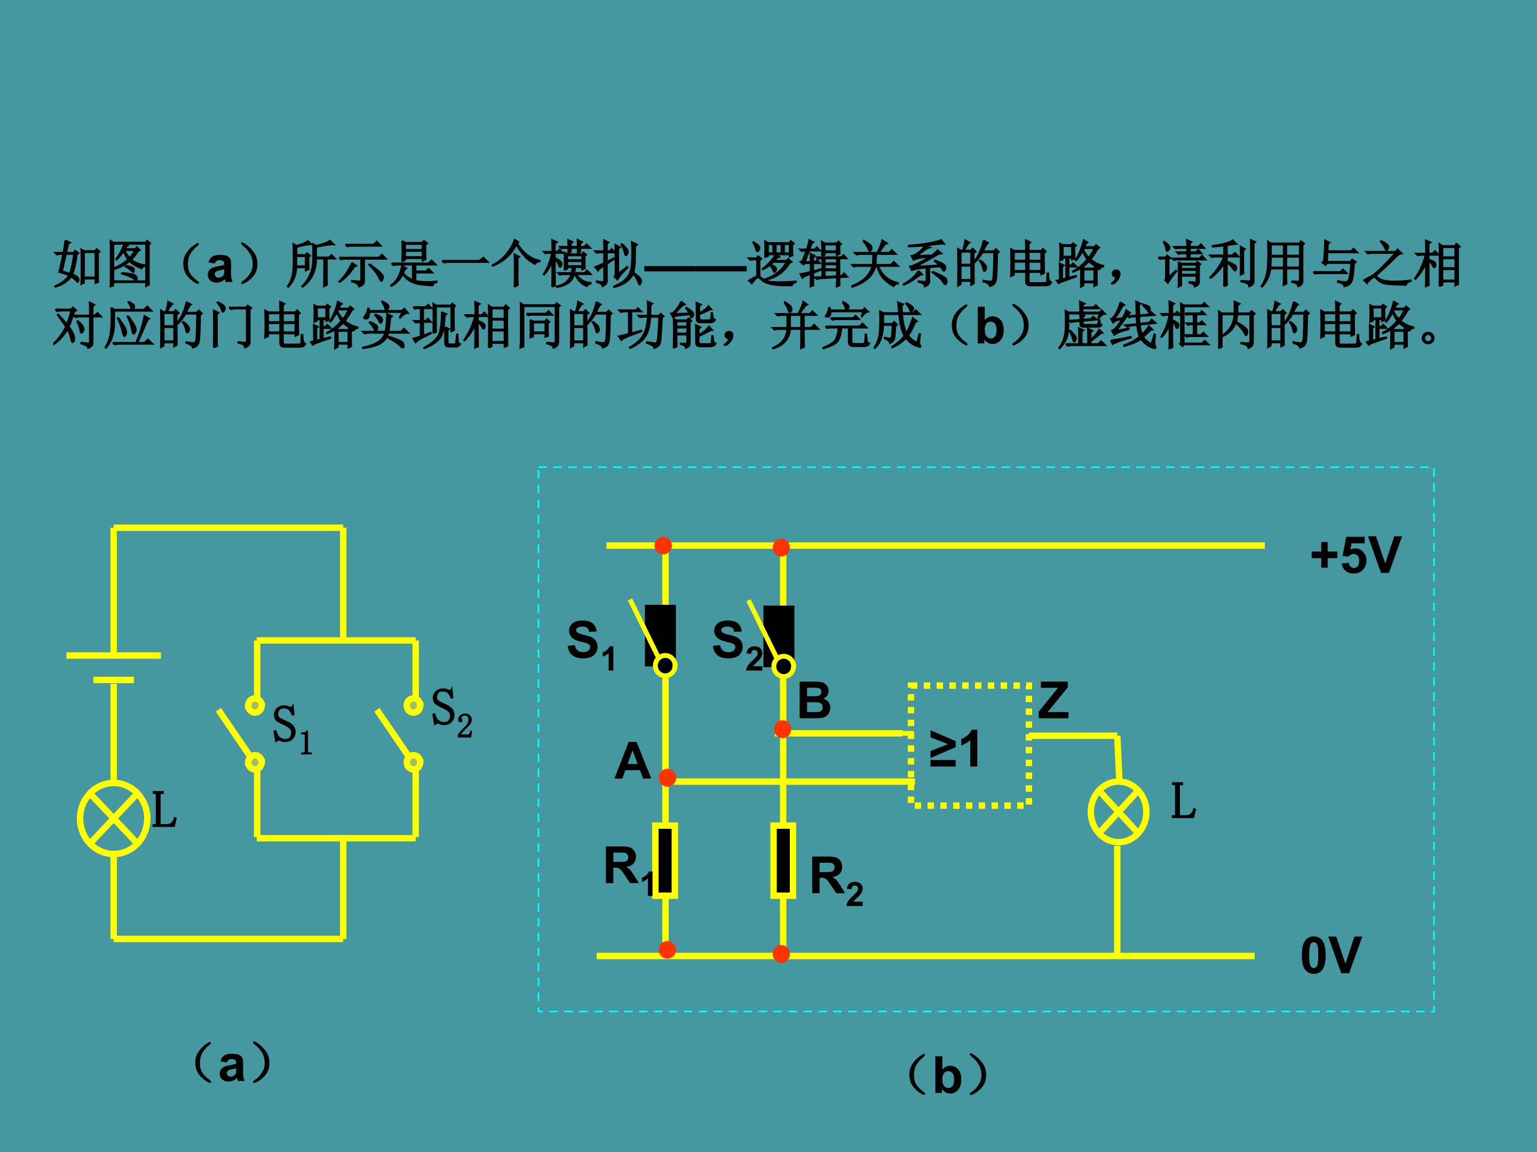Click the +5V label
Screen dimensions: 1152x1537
click(1354, 556)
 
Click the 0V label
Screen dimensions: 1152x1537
click(1330, 956)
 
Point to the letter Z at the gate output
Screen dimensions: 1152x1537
click(1053, 701)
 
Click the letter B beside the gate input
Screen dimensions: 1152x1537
click(814, 701)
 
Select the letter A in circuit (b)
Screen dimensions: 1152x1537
click(632, 762)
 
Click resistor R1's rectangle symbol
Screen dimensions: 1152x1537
click(665, 860)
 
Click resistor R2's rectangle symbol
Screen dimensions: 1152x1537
click(783, 860)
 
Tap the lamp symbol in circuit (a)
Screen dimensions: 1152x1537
click(113, 818)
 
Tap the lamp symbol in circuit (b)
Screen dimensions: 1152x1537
click(1118, 812)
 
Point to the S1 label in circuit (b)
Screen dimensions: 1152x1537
click(591, 644)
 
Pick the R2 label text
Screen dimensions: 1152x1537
click(836, 880)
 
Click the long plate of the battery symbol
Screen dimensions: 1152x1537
click(113, 655)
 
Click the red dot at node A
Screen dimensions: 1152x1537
click(667, 778)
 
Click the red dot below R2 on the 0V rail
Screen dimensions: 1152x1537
click(781, 954)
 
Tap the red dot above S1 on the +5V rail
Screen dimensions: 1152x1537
click(663, 545)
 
